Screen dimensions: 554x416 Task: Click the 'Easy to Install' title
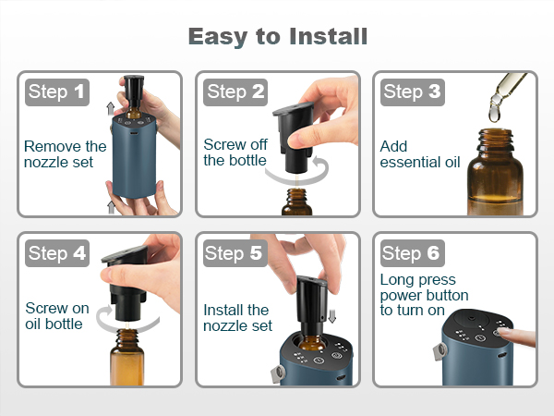pos(278,36)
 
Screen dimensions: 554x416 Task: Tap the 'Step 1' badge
pos(57,92)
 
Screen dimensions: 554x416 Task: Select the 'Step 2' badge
pos(235,92)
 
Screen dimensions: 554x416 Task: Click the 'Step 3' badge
pos(413,92)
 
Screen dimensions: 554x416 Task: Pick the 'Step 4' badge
pos(57,253)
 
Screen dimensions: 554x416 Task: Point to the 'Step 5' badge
pos(235,253)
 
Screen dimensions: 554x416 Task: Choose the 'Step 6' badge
pos(413,253)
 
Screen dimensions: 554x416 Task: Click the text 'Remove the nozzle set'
pos(65,154)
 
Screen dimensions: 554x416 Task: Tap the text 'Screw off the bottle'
pos(235,153)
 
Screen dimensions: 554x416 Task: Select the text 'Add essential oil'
pos(420,154)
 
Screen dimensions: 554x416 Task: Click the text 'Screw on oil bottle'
pos(57,316)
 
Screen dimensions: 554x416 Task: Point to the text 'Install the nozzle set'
pos(238,318)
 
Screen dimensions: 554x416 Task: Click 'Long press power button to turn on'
pos(425,295)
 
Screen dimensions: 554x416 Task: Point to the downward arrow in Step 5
pos(331,315)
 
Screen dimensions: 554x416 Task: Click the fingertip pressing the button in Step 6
pos(501,332)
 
